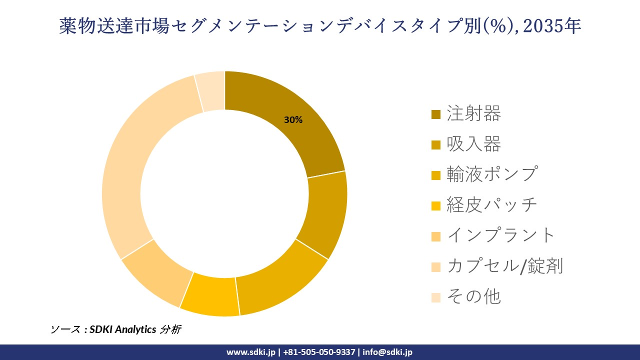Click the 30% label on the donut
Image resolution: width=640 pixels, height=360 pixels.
pos(293,120)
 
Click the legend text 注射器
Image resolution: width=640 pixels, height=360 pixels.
pos(473,114)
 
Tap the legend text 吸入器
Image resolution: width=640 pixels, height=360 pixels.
pos(473,144)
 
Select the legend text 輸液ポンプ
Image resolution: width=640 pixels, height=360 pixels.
pos(492,174)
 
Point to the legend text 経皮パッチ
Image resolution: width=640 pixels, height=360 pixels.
pos(492,205)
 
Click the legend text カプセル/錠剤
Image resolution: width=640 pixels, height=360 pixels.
pos(505,266)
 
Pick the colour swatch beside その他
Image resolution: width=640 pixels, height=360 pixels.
pos(436,297)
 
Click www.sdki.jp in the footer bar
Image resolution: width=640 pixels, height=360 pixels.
pos(250,352)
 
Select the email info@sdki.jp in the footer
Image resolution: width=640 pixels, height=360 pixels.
pos(387,352)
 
